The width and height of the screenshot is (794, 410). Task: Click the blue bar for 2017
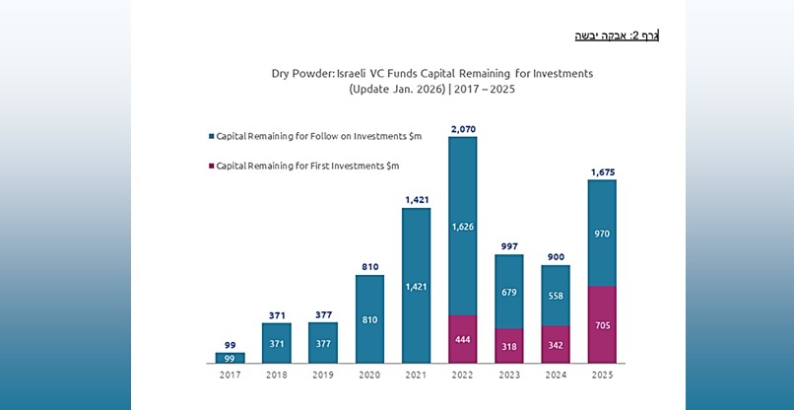230,358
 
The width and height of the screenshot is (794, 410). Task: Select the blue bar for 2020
369,318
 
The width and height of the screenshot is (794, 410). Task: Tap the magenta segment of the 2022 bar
462,339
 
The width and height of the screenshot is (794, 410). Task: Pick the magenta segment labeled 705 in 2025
601,324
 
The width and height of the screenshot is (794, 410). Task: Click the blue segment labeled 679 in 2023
508,292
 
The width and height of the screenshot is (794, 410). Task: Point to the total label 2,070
462,128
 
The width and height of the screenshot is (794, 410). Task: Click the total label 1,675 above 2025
601,171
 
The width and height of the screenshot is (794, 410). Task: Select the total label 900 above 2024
555,256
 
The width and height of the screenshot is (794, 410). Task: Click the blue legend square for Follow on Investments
210,135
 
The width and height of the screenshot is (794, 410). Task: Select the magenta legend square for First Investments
210,166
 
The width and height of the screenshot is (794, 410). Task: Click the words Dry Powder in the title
302,73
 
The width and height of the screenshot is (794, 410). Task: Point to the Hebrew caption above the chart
617,36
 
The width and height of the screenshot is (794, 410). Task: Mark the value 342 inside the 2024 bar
555,345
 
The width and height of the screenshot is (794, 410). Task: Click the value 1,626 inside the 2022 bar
462,226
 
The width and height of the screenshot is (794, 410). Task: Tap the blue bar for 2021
416,286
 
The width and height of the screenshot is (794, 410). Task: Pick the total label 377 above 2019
322,314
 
